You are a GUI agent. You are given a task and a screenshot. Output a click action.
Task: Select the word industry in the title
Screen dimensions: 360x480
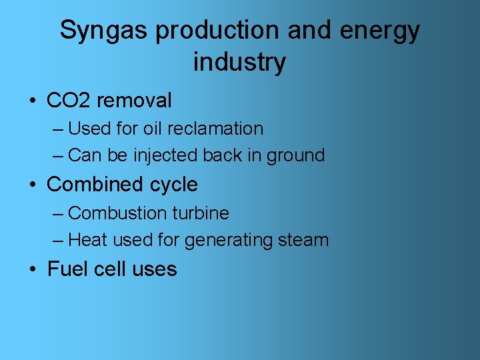click(239, 62)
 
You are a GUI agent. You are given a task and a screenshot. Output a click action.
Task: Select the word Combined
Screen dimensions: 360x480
click(90, 184)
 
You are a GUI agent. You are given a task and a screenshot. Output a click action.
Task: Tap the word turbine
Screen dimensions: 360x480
click(201, 213)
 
